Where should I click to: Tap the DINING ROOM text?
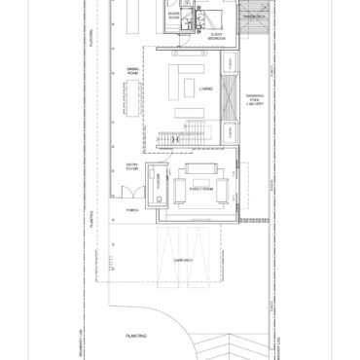(x=134, y=71)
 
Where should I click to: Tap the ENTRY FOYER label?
(x=132, y=170)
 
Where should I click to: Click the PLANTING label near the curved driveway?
(x=135, y=336)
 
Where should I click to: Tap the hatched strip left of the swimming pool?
(x=229, y=97)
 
